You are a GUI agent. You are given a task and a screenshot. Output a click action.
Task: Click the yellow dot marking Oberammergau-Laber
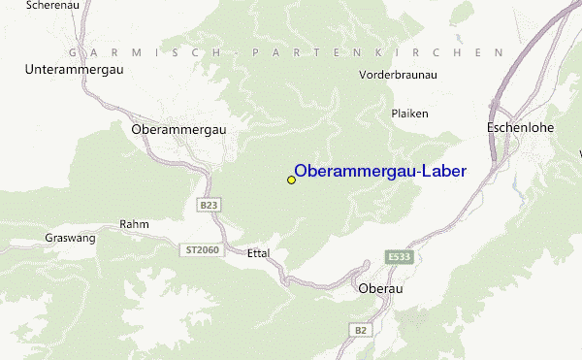click(291, 180)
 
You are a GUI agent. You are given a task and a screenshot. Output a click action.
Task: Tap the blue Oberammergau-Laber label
click(379, 172)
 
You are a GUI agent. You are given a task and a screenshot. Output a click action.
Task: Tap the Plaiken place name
click(409, 114)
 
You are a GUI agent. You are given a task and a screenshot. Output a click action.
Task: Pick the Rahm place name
click(133, 224)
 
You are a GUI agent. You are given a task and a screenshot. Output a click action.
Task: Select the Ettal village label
click(258, 253)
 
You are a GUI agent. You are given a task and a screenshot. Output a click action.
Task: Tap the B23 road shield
click(209, 205)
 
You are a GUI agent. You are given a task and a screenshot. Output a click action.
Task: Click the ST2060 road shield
click(202, 250)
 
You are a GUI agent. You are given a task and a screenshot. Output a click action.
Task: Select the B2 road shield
click(361, 331)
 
